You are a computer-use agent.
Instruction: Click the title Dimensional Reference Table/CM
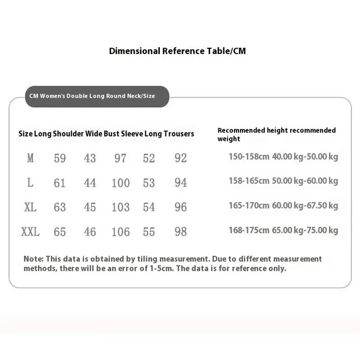(177, 51)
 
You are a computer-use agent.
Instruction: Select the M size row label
(30, 158)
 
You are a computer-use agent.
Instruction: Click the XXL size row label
(30, 232)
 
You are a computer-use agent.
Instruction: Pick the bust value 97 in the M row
(120, 158)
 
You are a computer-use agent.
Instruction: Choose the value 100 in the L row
(121, 183)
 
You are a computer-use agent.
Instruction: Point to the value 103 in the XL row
(121, 207)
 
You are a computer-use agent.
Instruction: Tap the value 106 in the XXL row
(121, 232)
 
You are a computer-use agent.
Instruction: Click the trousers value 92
(180, 158)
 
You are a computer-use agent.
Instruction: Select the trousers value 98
(180, 232)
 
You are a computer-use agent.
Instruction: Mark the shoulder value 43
(90, 158)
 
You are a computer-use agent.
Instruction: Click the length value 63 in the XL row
(59, 207)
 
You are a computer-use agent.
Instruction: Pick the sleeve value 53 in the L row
(149, 183)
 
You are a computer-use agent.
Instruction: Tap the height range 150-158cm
(249, 157)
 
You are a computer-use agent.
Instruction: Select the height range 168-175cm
(249, 230)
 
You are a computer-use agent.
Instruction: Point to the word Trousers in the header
(179, 134)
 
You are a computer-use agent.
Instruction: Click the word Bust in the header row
(112, 134)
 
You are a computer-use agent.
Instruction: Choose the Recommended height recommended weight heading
(276, 135)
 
